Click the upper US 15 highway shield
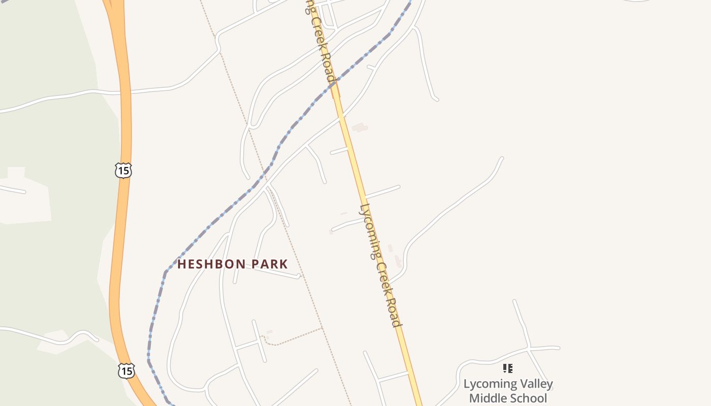123,170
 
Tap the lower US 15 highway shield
126,370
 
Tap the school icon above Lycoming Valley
508,368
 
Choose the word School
530,398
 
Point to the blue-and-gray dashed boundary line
213,223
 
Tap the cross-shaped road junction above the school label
529,349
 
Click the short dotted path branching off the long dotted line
295,337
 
